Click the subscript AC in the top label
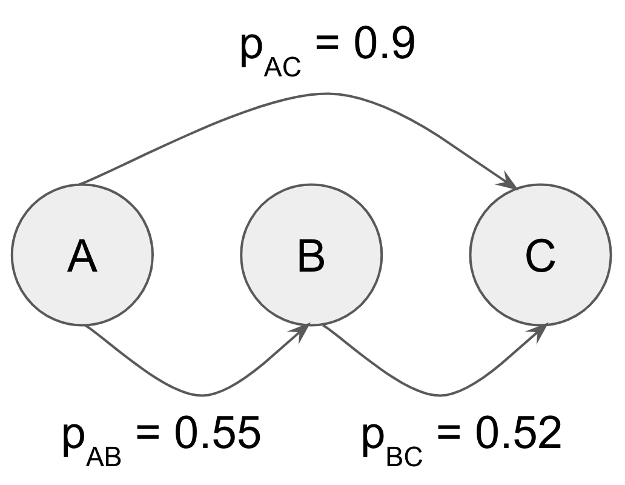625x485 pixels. pyautogui.click(x=282, y=67)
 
